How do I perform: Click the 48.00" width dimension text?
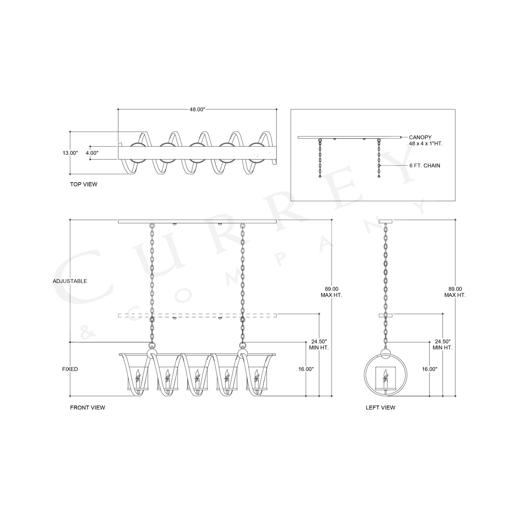coord(197,109)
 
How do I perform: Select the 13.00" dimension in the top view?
coord(70,153)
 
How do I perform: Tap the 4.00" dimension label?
coord(92,153)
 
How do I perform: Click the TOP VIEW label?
coord(84,184)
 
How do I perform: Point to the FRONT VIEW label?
coord(88,408)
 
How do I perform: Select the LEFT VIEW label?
coord(381,408)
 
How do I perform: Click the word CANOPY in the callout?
coord(420,137)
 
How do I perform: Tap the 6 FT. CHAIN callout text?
coord(425,165)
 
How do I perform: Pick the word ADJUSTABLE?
coord(70,281)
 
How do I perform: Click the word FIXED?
coord(70,369)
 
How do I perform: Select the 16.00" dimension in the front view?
coord(306,369)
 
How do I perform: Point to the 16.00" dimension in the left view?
coord(429,369)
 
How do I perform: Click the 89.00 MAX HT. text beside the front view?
coord(331,292)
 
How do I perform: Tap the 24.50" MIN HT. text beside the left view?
coord(443,345)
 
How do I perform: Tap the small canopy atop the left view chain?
coord(386,221)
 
